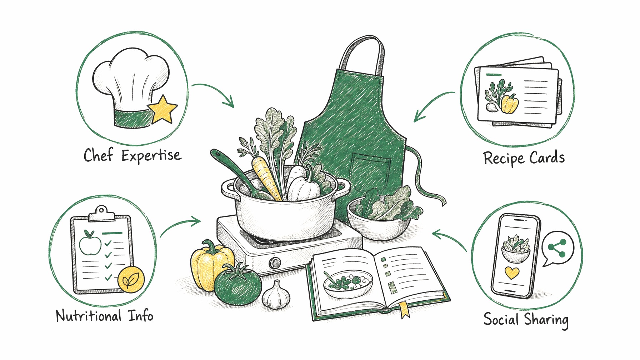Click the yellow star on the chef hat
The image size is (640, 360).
click(162, 109)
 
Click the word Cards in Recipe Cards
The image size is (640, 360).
click(547, 157)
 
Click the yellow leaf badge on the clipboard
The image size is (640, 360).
click(131, 279)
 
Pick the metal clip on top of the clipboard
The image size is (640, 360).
click(102, 213)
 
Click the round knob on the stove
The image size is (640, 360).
click(275, 263)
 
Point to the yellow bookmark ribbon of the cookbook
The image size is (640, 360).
click(404, 309)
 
